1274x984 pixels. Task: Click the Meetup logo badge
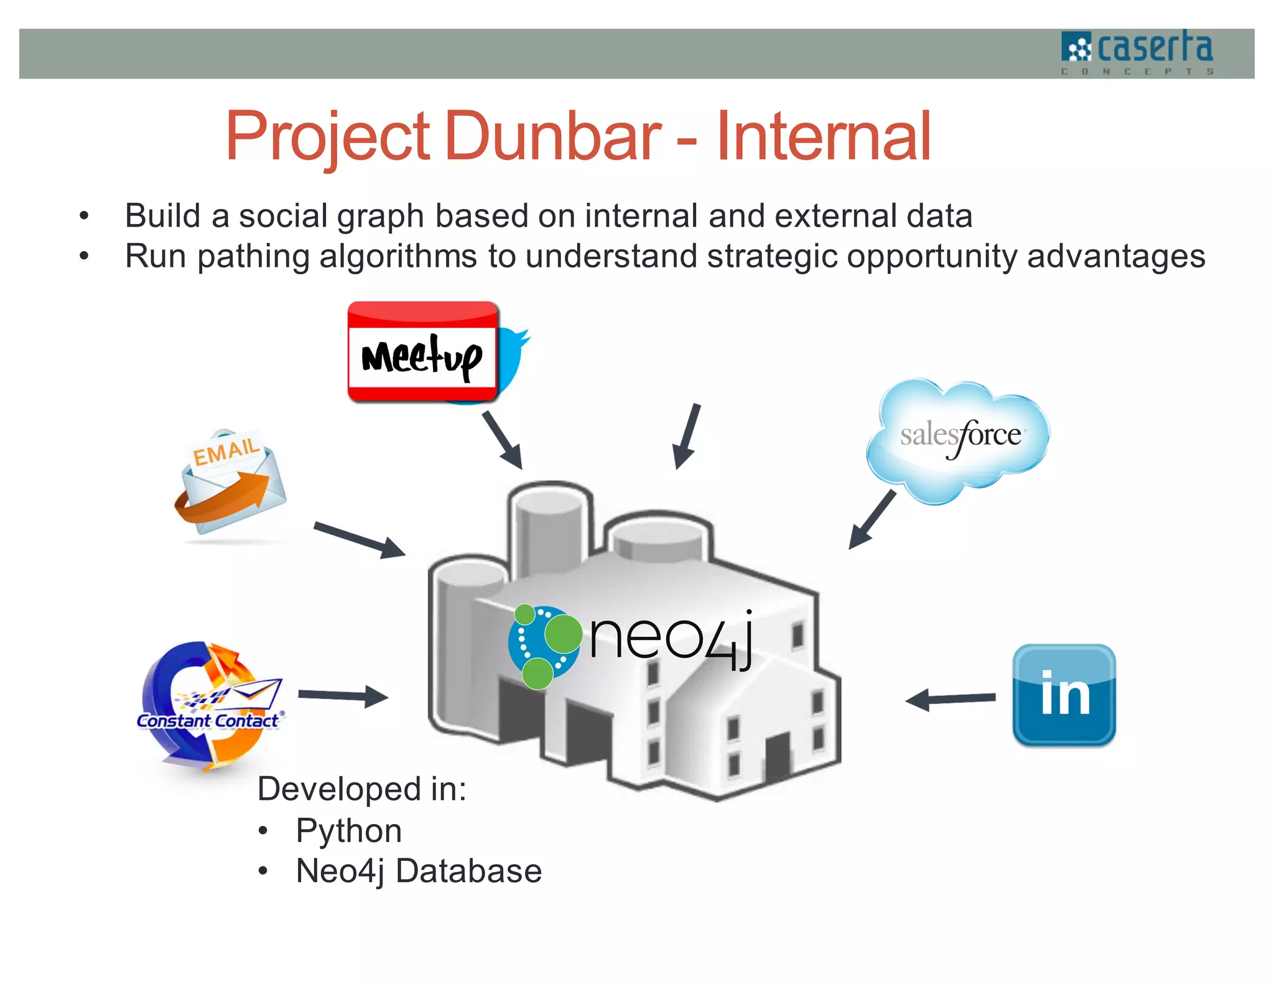tap(422, 352)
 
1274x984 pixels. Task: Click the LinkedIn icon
tap(1064, 694)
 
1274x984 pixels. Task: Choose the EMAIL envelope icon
tap(230, 482)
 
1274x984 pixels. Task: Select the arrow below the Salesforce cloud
tap(872, 519)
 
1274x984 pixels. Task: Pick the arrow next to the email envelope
tap(360, 539)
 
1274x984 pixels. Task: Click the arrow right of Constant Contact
tap(343, 695)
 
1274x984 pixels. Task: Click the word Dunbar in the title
tap(553, 136)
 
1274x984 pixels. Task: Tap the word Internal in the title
tap(823, 136)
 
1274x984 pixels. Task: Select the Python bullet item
tap(348, 830)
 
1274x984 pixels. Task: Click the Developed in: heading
tap(361, 789)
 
